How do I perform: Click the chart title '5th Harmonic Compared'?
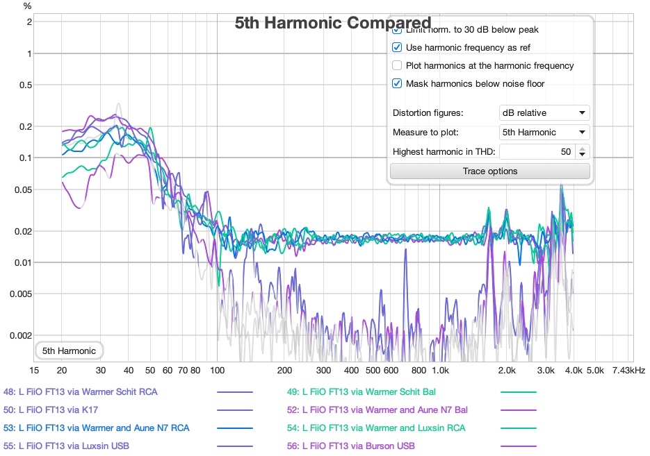click(x=332, y=23)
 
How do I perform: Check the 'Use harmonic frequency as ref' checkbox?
click(x=397, y=48)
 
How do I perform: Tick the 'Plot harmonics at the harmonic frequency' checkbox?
click(x=397, y=66)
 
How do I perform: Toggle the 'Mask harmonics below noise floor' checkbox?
click(x=397, y=84)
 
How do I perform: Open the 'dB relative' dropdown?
click(x=544, y=113)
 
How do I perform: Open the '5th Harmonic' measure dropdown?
click(x=544, y=133)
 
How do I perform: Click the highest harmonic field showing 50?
click(x=536, y=152)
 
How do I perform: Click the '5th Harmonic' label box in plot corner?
click(x=69, y=351)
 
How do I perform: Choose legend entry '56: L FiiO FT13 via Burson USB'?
click(x=350, y=446)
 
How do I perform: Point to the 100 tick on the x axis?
click(x=217, y=371)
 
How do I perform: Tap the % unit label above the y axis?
click(x=27, y=6)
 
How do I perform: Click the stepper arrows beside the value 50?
click(x=583, y=152)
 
